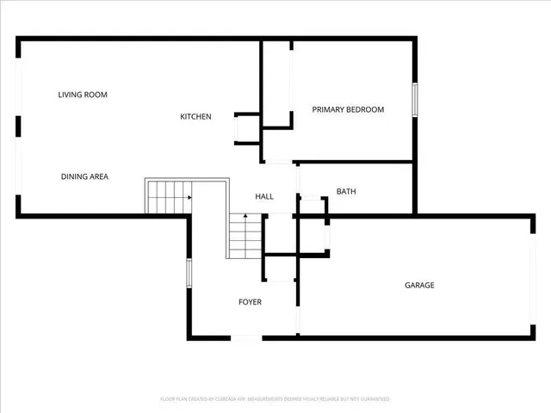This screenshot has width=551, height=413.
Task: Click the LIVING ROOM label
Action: (x=83, y=95)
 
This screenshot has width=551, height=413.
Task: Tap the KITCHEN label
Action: (x=195, y=117)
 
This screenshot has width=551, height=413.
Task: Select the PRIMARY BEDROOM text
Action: (x=348, y=109)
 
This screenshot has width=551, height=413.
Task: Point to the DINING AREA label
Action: (x=84, y=176)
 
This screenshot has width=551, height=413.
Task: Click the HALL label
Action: (x=264, y=196)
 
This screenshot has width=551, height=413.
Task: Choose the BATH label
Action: (x=346, y=192)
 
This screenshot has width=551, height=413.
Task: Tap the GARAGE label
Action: (x=420, y=285)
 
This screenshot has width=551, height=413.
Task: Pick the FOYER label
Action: (x=250, y=302)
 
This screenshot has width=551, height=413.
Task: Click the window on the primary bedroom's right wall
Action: (x=414, y=100)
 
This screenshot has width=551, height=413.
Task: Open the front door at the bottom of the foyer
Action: (x=248, y=337)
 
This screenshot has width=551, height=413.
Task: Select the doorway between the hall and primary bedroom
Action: (x=277, y=162)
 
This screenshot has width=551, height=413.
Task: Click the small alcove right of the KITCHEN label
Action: (x=247, y=128)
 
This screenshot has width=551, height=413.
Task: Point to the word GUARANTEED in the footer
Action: (x=373, y=399)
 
